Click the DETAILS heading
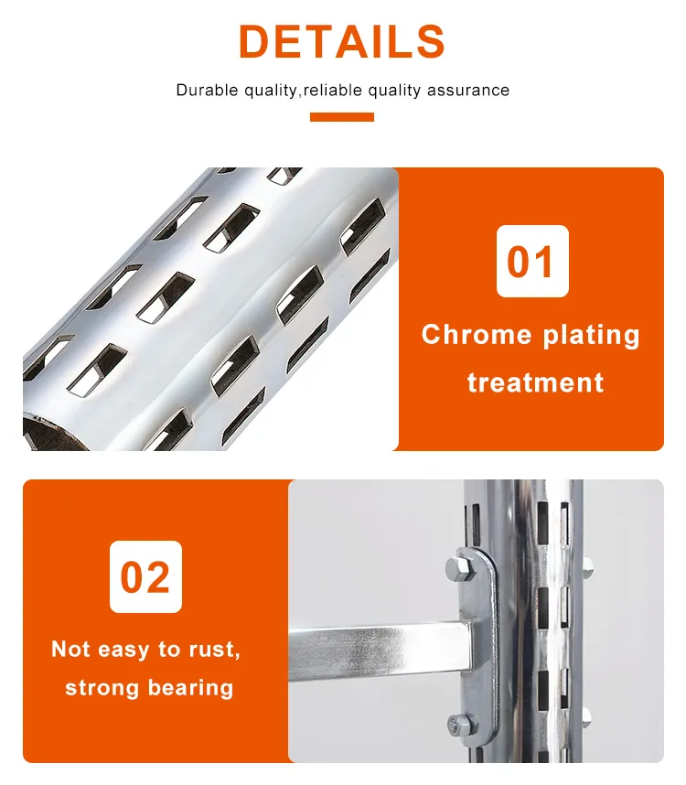[342, 42]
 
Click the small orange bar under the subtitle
[342, 117]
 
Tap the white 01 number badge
[531, 261]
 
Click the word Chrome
[476, 335]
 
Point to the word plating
[591, 335]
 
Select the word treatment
[535, 382]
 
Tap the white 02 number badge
[145, 576]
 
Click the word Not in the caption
[70, 650]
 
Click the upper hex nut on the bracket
[457, 567]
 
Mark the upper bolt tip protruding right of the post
[585, 565]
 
